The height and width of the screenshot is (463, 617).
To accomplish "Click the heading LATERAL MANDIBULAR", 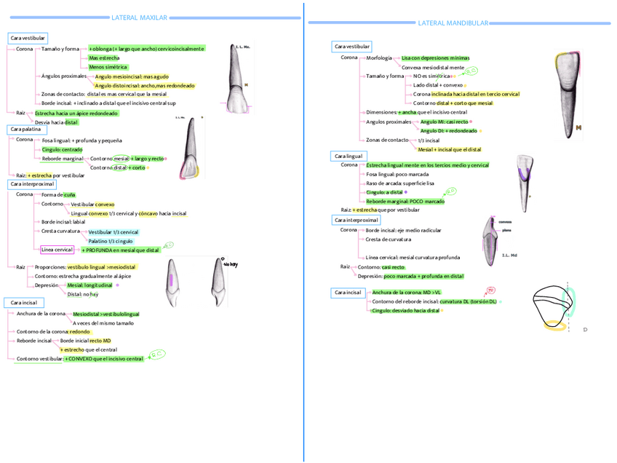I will point(453,23).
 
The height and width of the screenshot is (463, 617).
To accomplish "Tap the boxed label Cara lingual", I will point(349,156).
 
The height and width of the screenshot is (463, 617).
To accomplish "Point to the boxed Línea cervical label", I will point(57,250).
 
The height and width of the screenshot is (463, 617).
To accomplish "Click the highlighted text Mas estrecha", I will point(104,58).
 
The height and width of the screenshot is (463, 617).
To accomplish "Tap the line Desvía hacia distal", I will point(56,122).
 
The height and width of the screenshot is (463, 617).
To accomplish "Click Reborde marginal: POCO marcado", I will point(405,201).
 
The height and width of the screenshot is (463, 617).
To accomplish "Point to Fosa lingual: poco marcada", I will point(397,175).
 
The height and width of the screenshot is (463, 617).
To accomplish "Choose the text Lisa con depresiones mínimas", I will point(435,58).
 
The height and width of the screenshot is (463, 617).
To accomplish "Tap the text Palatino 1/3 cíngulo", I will point(111,240).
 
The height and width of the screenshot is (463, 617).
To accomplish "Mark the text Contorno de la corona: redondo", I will point(53,331).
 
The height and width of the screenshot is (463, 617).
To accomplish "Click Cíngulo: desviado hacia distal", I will point(405,310).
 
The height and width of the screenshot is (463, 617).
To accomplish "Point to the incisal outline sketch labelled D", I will point(557,309).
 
